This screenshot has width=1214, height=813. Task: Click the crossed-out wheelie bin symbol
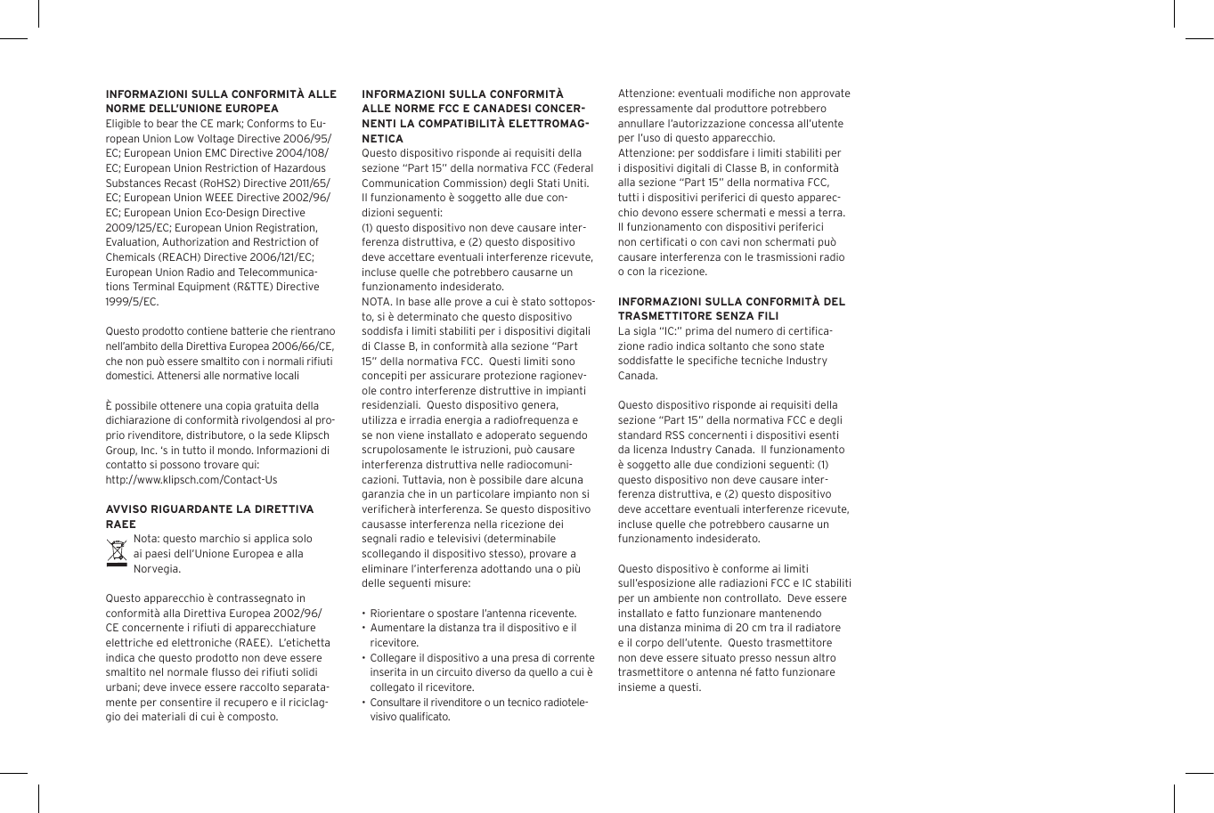pos(117,553)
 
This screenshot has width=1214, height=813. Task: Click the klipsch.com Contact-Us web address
pos(191,479)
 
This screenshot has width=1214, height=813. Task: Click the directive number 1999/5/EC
pos(133,302)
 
